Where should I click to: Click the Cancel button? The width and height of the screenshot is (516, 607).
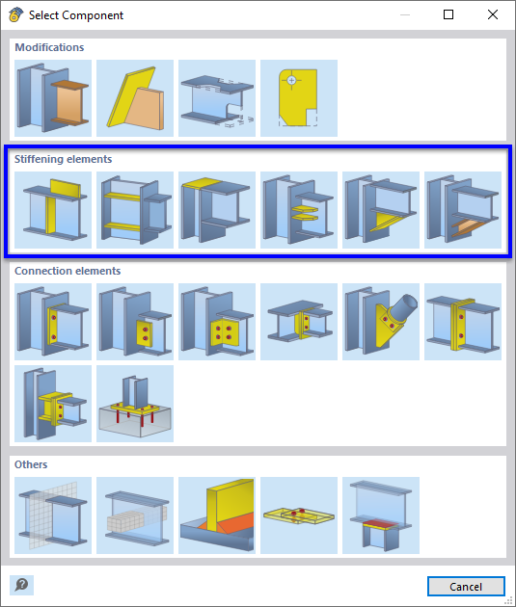pyautogui.click(x=466, y=586)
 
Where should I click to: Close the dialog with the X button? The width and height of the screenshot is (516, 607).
pyautogui.click(x=492, y=15)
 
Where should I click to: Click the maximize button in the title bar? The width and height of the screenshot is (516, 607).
pyautogui.click(x=448, y=15)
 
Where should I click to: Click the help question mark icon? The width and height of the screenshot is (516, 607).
pyautogui.click(x=21, y=585)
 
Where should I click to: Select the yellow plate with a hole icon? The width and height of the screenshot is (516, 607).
pyautogui.click(x=299, y=98)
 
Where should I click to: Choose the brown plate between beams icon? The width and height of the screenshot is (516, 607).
pyautogui.click(x=53, y=98)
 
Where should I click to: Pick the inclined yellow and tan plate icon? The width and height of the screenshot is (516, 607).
pyautogui.click(x=135, y=98)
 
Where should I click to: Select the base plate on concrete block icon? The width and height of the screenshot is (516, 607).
pyautogui.click(x=135, y=404)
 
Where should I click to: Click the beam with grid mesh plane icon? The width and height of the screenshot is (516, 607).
pyautogui.click(x=53, y=515)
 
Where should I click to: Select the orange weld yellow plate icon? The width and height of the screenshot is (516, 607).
pyautogui.click(x=217, y=515)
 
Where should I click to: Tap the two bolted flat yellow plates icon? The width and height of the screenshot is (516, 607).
pyautogui.click(x=299, y=515)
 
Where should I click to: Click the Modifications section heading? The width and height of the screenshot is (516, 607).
pyautogui.click(x=49, y=47)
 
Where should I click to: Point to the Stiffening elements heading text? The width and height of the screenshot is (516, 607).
pyautogui.click(x=63, y=159)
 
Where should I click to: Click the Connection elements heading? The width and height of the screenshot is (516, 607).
pyautogui.click(x=68, y=271)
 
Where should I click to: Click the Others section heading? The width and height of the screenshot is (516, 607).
pyautogui.click(x=31, y=464)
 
